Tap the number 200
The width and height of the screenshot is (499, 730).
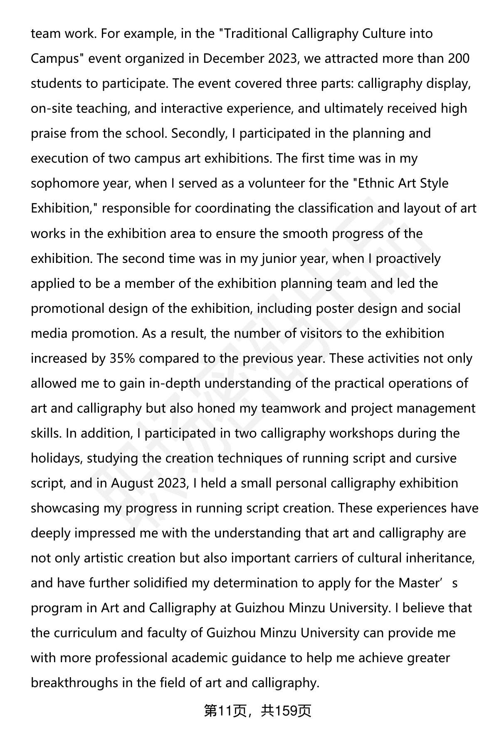459,58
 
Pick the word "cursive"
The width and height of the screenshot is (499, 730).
436,458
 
